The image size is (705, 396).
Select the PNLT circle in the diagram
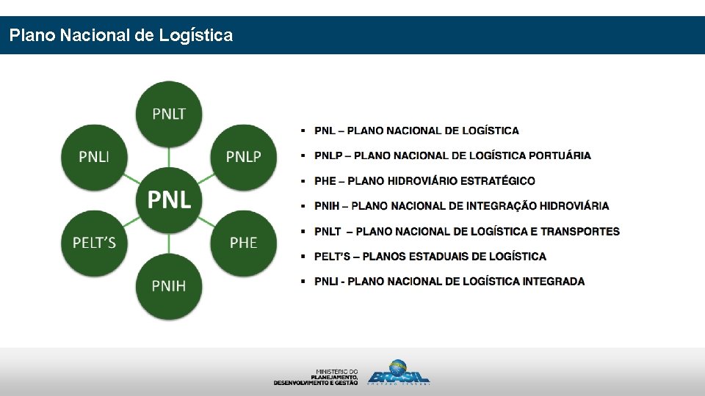pyautogui.click(x=169, y=113)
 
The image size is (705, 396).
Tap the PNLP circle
pyautogui.click(x=243, y=156)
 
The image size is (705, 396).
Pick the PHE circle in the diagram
pyautogui.click(x=243, y=242)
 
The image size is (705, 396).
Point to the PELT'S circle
pyautogui.click(x=94, y=242)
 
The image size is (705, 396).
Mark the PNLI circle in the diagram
pyautogui.click(x=94, y=156)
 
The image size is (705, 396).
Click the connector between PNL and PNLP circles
pyautogui.click(x=207, y=177)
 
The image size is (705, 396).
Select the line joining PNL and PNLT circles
pyautogui.click(x=169, y=155)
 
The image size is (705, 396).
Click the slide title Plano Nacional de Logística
pyautogui.click(x=121, y=35)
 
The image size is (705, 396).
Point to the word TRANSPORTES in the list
pyautogui.click(x=580, y=232)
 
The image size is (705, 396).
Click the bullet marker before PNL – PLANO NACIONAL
pyautogui.click(x=303, y=131)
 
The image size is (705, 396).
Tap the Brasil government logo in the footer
pyautogui.click(x=398, y=373)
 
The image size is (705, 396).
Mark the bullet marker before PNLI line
pyautogui.click(x=303, y=282)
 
